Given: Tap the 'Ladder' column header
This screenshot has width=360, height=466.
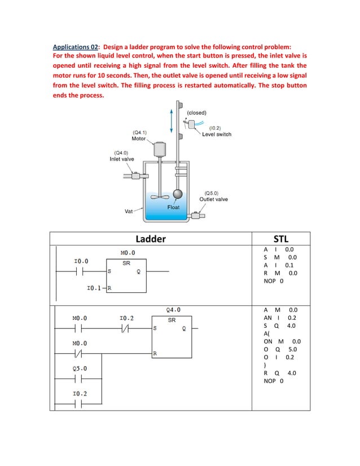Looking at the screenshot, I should point(151,239).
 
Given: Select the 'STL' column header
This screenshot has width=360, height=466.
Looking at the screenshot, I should point(280,239).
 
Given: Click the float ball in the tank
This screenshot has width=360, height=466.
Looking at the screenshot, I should point(178,194).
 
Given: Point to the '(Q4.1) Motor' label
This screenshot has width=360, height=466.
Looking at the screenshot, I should point(139,135).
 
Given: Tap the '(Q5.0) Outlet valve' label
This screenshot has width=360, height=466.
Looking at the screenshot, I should point(213,196).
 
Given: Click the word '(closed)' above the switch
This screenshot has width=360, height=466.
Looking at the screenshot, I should point(196,113).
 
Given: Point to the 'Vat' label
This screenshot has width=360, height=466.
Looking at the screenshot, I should point(129,212).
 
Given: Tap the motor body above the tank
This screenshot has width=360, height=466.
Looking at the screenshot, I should point(158,150).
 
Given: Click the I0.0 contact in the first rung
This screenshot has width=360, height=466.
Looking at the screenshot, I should point(81,271).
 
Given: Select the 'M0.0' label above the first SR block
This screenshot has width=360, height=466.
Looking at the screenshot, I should point(128,252).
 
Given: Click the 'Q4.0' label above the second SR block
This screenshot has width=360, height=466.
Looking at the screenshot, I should point(174,309).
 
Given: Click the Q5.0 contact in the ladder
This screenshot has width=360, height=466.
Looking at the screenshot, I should point(80,379).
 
